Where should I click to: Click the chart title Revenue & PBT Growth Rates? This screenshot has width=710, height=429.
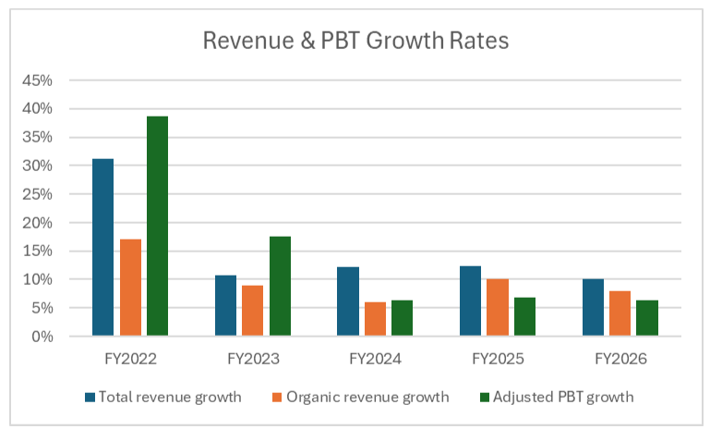coord(355,41)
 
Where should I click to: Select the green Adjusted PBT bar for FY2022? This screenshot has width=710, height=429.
coord(158,226)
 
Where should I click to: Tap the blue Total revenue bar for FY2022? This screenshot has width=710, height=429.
coord(102,247)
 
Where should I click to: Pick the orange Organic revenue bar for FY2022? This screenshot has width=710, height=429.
coord(130,288)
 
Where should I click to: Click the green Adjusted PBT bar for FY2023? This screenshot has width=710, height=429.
coord(281,286)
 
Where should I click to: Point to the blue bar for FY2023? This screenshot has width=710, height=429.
coord(225,306)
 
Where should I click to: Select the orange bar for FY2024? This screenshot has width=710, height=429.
coord(376,319)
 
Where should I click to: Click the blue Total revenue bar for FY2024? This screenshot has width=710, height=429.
coord(348,301)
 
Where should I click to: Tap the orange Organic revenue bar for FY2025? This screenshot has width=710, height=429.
coord(498,308)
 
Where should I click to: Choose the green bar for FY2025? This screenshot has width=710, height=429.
coord(524,316)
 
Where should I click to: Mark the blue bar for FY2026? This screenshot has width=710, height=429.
coord(593,308)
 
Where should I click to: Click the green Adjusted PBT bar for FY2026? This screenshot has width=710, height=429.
coord(647,318)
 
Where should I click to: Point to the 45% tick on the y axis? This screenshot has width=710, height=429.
coord(37,80)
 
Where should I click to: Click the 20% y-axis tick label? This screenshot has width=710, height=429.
coord(37,223)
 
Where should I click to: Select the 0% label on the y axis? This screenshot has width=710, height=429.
coord(42,337)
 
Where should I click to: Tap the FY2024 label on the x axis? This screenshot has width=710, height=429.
coord(376,359)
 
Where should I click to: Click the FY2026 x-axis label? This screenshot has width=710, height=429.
coord(620,359)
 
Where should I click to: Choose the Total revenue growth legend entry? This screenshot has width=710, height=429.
coord(163,398)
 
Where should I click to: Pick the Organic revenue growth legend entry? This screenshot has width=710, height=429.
coord(361,398)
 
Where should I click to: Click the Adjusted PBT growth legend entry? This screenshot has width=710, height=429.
coord(557,398)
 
